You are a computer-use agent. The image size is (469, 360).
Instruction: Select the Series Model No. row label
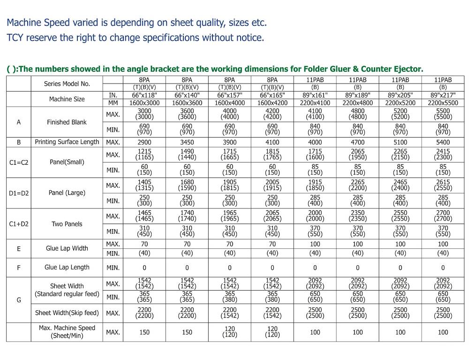click(x=67, y=84)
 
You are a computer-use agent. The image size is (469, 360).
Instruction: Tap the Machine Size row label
click(x=67, y=99)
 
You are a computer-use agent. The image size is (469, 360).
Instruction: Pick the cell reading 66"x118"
click(x=144, y=95)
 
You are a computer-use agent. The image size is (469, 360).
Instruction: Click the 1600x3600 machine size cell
click(x=187, y=103)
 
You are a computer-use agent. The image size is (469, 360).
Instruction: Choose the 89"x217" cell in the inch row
click(x=443, y=95)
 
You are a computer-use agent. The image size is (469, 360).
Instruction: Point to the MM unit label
click(x=113, y=103)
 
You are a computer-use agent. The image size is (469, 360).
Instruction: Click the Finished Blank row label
click(x=67, y=122)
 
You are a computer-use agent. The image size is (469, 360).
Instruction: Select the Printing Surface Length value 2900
click(x=144, y=142)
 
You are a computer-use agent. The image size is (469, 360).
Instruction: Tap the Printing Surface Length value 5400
click(x=443, y=142)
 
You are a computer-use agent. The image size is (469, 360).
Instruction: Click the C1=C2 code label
click(x=19, y=162)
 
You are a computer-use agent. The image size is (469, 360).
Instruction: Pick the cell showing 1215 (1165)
click(x=144, y=154)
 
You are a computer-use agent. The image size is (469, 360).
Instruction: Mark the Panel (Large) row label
click(x=67, y=193)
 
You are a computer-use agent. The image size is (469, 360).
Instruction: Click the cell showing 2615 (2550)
click(x=443, y=185)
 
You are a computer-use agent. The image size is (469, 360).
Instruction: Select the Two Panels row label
click(x=67, y=224)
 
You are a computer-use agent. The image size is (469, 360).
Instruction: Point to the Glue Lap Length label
click(x=67, y=267)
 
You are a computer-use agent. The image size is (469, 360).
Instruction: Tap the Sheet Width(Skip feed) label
click(x=67, y=313)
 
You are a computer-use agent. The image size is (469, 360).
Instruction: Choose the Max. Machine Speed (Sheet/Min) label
click(x=67, y=332)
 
